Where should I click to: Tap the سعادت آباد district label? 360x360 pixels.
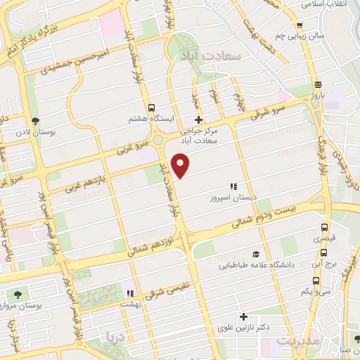[220, 54]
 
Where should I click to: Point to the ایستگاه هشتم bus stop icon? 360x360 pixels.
[151, 107]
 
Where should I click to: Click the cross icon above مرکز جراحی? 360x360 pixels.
[200, 120]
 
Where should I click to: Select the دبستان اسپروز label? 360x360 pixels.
[233, 198]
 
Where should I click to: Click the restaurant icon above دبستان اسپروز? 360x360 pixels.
[232, 186]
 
